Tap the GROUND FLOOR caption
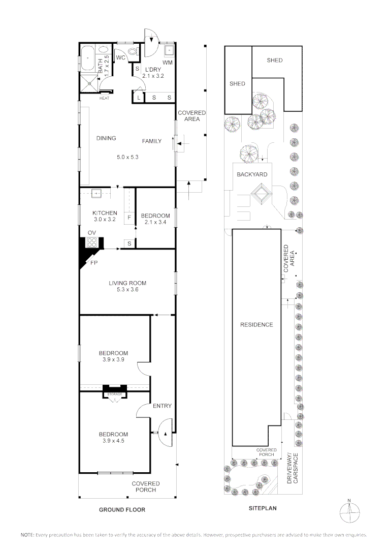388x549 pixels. [122, 509]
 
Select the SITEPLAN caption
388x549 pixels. [262, 507]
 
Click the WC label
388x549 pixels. [121, 58]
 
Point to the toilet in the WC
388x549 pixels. [133, 51]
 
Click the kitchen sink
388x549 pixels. [96, 193]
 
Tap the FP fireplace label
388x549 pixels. [93, 263]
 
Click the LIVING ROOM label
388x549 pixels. [127, 283]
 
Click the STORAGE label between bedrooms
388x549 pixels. [113, 394]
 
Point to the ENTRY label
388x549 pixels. [162, 406]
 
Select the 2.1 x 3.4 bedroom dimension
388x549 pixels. [155, 222]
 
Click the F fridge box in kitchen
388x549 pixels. [130, 217]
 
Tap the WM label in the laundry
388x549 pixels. [167, 62]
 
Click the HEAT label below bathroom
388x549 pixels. [104, 98]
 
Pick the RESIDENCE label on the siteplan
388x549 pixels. [256, 325]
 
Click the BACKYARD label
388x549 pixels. [252, 174]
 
